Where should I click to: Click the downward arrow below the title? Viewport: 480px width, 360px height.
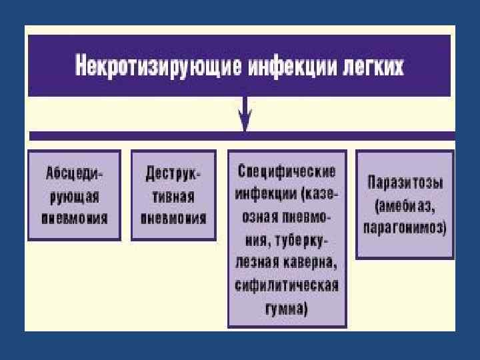tap(245, 114)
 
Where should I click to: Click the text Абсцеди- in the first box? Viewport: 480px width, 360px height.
tap(75, 173)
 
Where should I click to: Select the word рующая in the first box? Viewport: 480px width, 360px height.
tap(75, 196)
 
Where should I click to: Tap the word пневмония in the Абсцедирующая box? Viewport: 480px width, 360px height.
tap(75, 219)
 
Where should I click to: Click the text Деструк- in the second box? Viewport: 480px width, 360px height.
tap(173, 173)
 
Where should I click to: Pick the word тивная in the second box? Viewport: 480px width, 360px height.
tap(173, 196)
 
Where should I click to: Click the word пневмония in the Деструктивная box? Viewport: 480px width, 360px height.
tap(173, 219)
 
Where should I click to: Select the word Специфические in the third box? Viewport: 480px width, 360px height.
tap(287, 170)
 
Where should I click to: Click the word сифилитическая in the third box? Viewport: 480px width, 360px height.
tap(287, 285)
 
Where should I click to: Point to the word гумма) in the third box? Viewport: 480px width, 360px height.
tap(287, 308)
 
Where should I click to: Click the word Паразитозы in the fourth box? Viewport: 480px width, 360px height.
tap(405, 182)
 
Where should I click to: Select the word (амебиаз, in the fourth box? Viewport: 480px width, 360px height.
tap(405, 205)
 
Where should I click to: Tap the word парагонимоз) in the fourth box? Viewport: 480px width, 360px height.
tap(405, 227)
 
